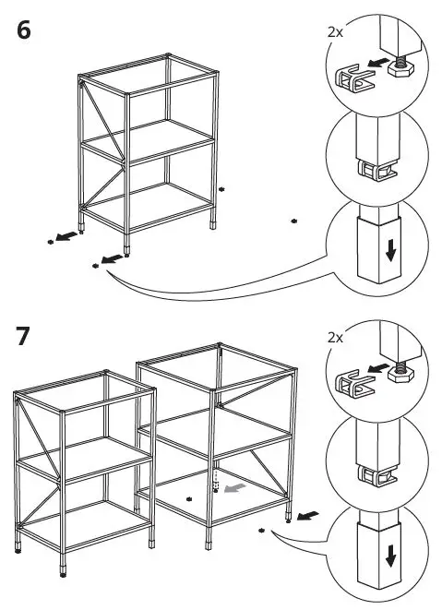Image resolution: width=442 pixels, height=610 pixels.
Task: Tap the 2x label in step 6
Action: coord(334,31)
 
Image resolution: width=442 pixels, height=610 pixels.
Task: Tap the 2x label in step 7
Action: coord(334,339)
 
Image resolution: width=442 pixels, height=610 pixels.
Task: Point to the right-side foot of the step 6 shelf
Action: coord(215,223)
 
